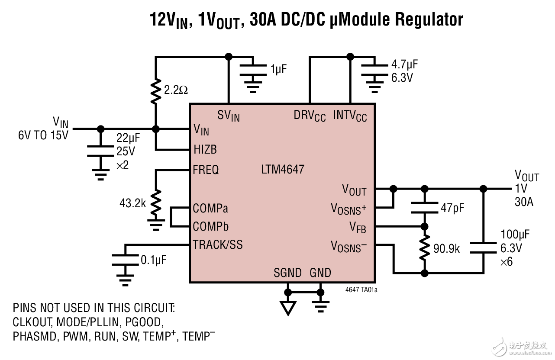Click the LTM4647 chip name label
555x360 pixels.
[283, 169]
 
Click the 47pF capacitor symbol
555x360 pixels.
[425, 208]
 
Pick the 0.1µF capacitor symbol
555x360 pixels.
[126, 260]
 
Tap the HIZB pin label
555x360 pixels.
[205, 150]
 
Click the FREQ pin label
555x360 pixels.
[206, 170]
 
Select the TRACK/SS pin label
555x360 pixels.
[218, 245]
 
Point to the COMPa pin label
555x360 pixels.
[210, 208]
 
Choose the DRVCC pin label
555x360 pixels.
[310, 116]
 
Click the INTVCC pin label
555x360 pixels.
[350, 116]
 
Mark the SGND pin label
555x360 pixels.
[287, 273]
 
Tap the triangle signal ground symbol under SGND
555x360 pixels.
[287, 307]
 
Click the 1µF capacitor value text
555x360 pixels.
[278, 69]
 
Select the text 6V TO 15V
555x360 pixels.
[43, 135]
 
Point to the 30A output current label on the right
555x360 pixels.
[524, 202]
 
